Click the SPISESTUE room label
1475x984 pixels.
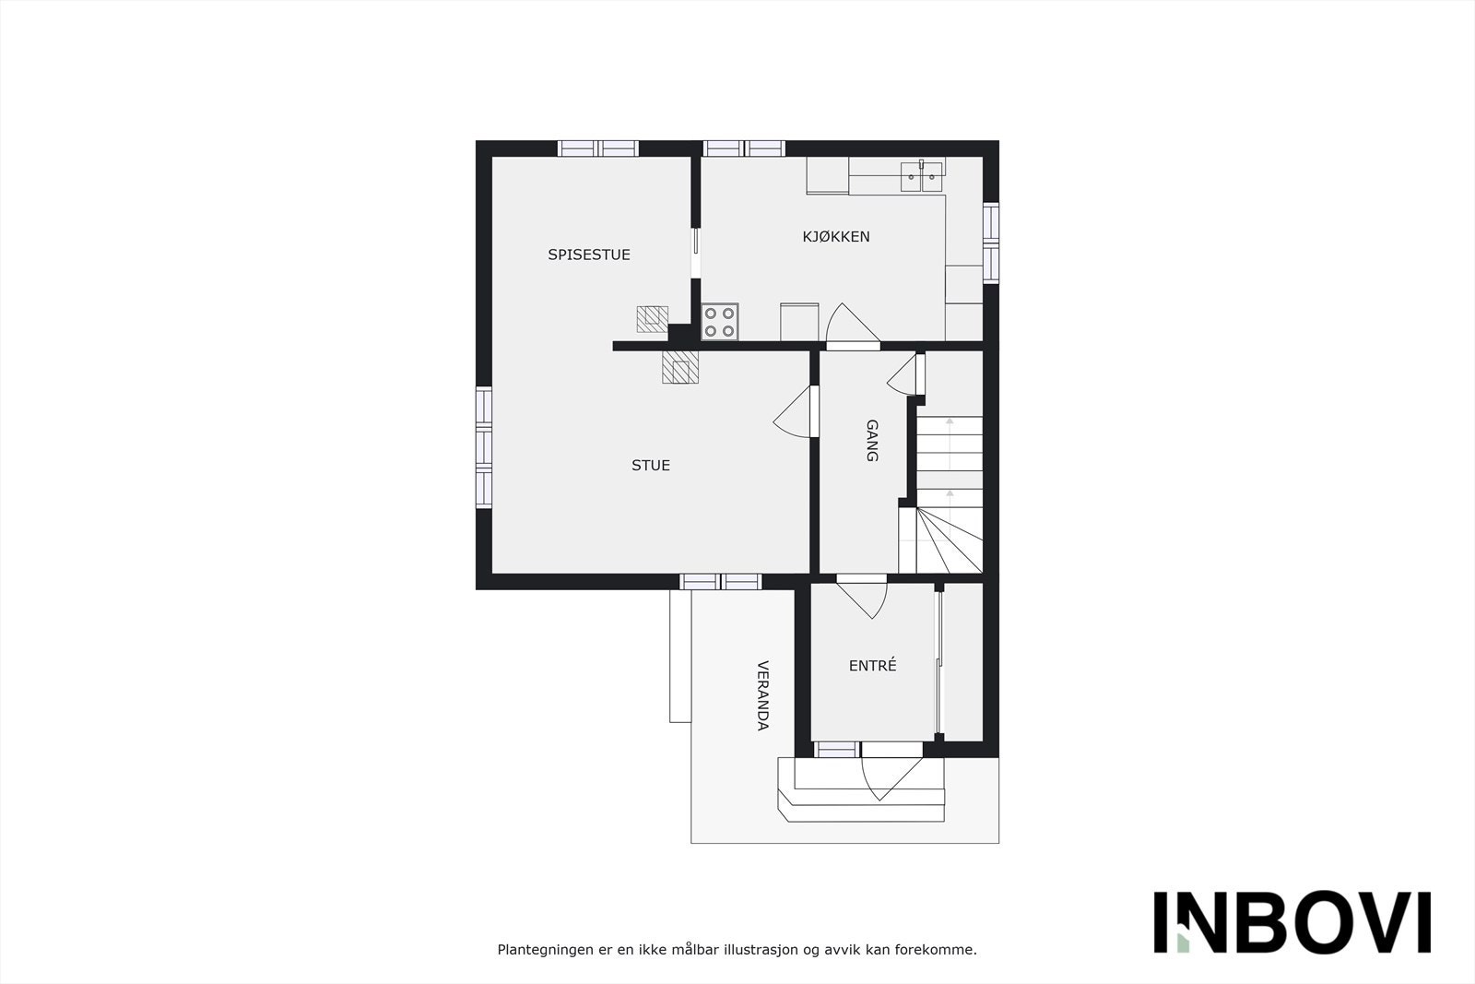[589, 255]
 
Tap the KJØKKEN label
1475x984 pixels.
[836, 236]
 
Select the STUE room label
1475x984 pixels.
[651, 465]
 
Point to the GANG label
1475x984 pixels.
[872, 441]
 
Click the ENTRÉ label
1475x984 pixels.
[872, 665]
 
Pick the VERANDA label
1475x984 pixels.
[762, 695]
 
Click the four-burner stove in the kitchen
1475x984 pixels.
[720, 322]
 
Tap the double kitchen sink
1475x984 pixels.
[923, 172]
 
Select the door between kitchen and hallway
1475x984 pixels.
[850, 328]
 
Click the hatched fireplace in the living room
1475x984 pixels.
[681, 367]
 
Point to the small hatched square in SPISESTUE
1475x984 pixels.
[652, 319]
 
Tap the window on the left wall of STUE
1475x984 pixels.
[484, 447]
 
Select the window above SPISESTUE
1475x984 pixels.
[598, 148]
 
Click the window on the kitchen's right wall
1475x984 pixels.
[990, 243]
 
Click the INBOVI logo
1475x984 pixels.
[1292, 922]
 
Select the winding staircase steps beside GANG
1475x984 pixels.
[949, 539]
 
